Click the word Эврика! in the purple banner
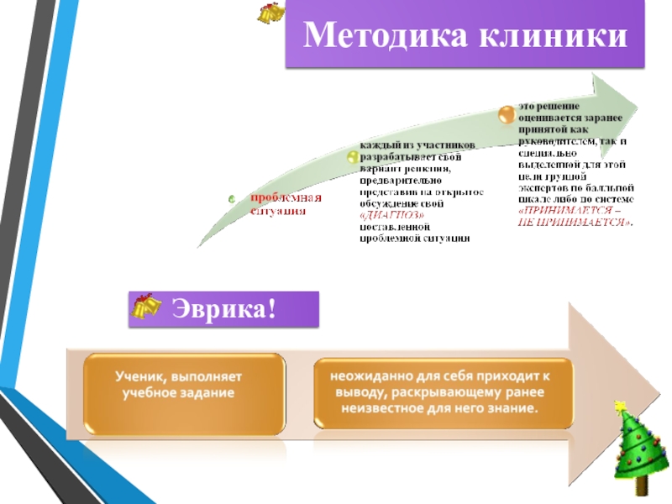coord(224,308)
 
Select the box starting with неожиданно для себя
coord(444,392)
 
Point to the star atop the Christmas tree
coord(622,407)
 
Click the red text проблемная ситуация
coord(285,203)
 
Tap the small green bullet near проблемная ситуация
coord(232,199)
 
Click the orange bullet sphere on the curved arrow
coord(505,113)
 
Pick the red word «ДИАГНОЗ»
coord(386,216)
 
